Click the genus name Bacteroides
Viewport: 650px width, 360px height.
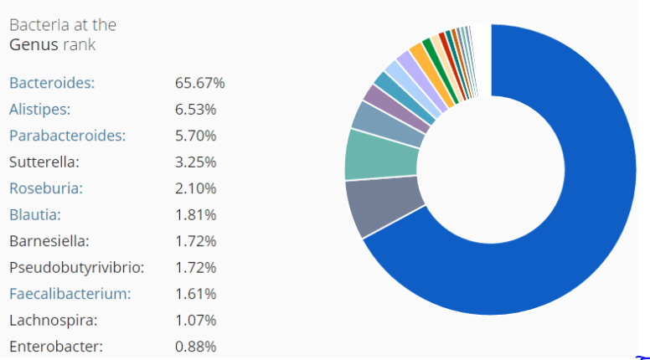coord(52,83)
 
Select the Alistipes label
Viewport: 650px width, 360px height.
coord(39,109)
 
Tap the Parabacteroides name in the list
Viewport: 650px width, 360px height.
coord(67,136)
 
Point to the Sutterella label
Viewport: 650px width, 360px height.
coord(44,162)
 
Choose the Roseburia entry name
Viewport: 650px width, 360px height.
coord(46,188)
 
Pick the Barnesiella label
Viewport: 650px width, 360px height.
coord(49,241)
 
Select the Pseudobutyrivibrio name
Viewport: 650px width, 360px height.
coord(76,268)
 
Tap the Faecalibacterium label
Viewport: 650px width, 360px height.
coord(70,294)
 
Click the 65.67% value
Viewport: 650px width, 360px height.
coord(199,83)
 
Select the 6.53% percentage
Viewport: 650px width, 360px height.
coord(196,109)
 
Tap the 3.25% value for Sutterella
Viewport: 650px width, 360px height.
coord(196,162)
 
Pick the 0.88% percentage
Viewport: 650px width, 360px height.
coord(196,347)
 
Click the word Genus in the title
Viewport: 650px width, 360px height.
coord(32,44)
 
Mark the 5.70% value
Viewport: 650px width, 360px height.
coord(196,136)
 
